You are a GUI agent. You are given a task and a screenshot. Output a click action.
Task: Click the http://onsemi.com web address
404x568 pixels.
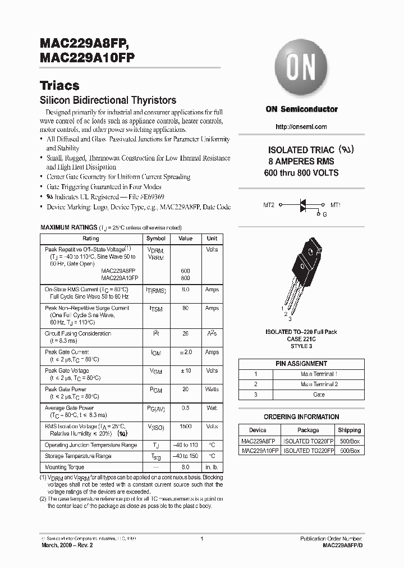[301, 127]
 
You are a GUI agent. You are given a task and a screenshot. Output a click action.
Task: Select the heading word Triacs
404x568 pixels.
[59, 86]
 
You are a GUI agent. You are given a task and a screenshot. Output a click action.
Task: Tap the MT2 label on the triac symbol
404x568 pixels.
[269, 205]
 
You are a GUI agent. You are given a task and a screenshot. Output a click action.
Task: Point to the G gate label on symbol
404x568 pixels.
[324, 214]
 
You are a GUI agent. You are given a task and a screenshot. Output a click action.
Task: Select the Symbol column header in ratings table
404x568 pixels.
[155, 239]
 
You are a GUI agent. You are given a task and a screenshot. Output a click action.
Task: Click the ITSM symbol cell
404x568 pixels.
[155, 309]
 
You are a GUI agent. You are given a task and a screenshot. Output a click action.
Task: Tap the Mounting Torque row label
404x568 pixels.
[65, 467]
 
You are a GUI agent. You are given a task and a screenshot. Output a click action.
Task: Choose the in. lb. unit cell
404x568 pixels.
[212, 467]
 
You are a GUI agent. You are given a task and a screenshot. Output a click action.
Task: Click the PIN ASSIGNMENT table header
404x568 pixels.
[301, 364]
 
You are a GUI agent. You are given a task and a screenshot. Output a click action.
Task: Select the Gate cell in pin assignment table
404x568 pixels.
[318, 395]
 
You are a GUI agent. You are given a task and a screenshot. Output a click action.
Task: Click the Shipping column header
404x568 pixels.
[349, 430]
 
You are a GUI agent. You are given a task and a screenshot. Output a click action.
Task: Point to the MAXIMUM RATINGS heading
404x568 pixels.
[68, 227]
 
